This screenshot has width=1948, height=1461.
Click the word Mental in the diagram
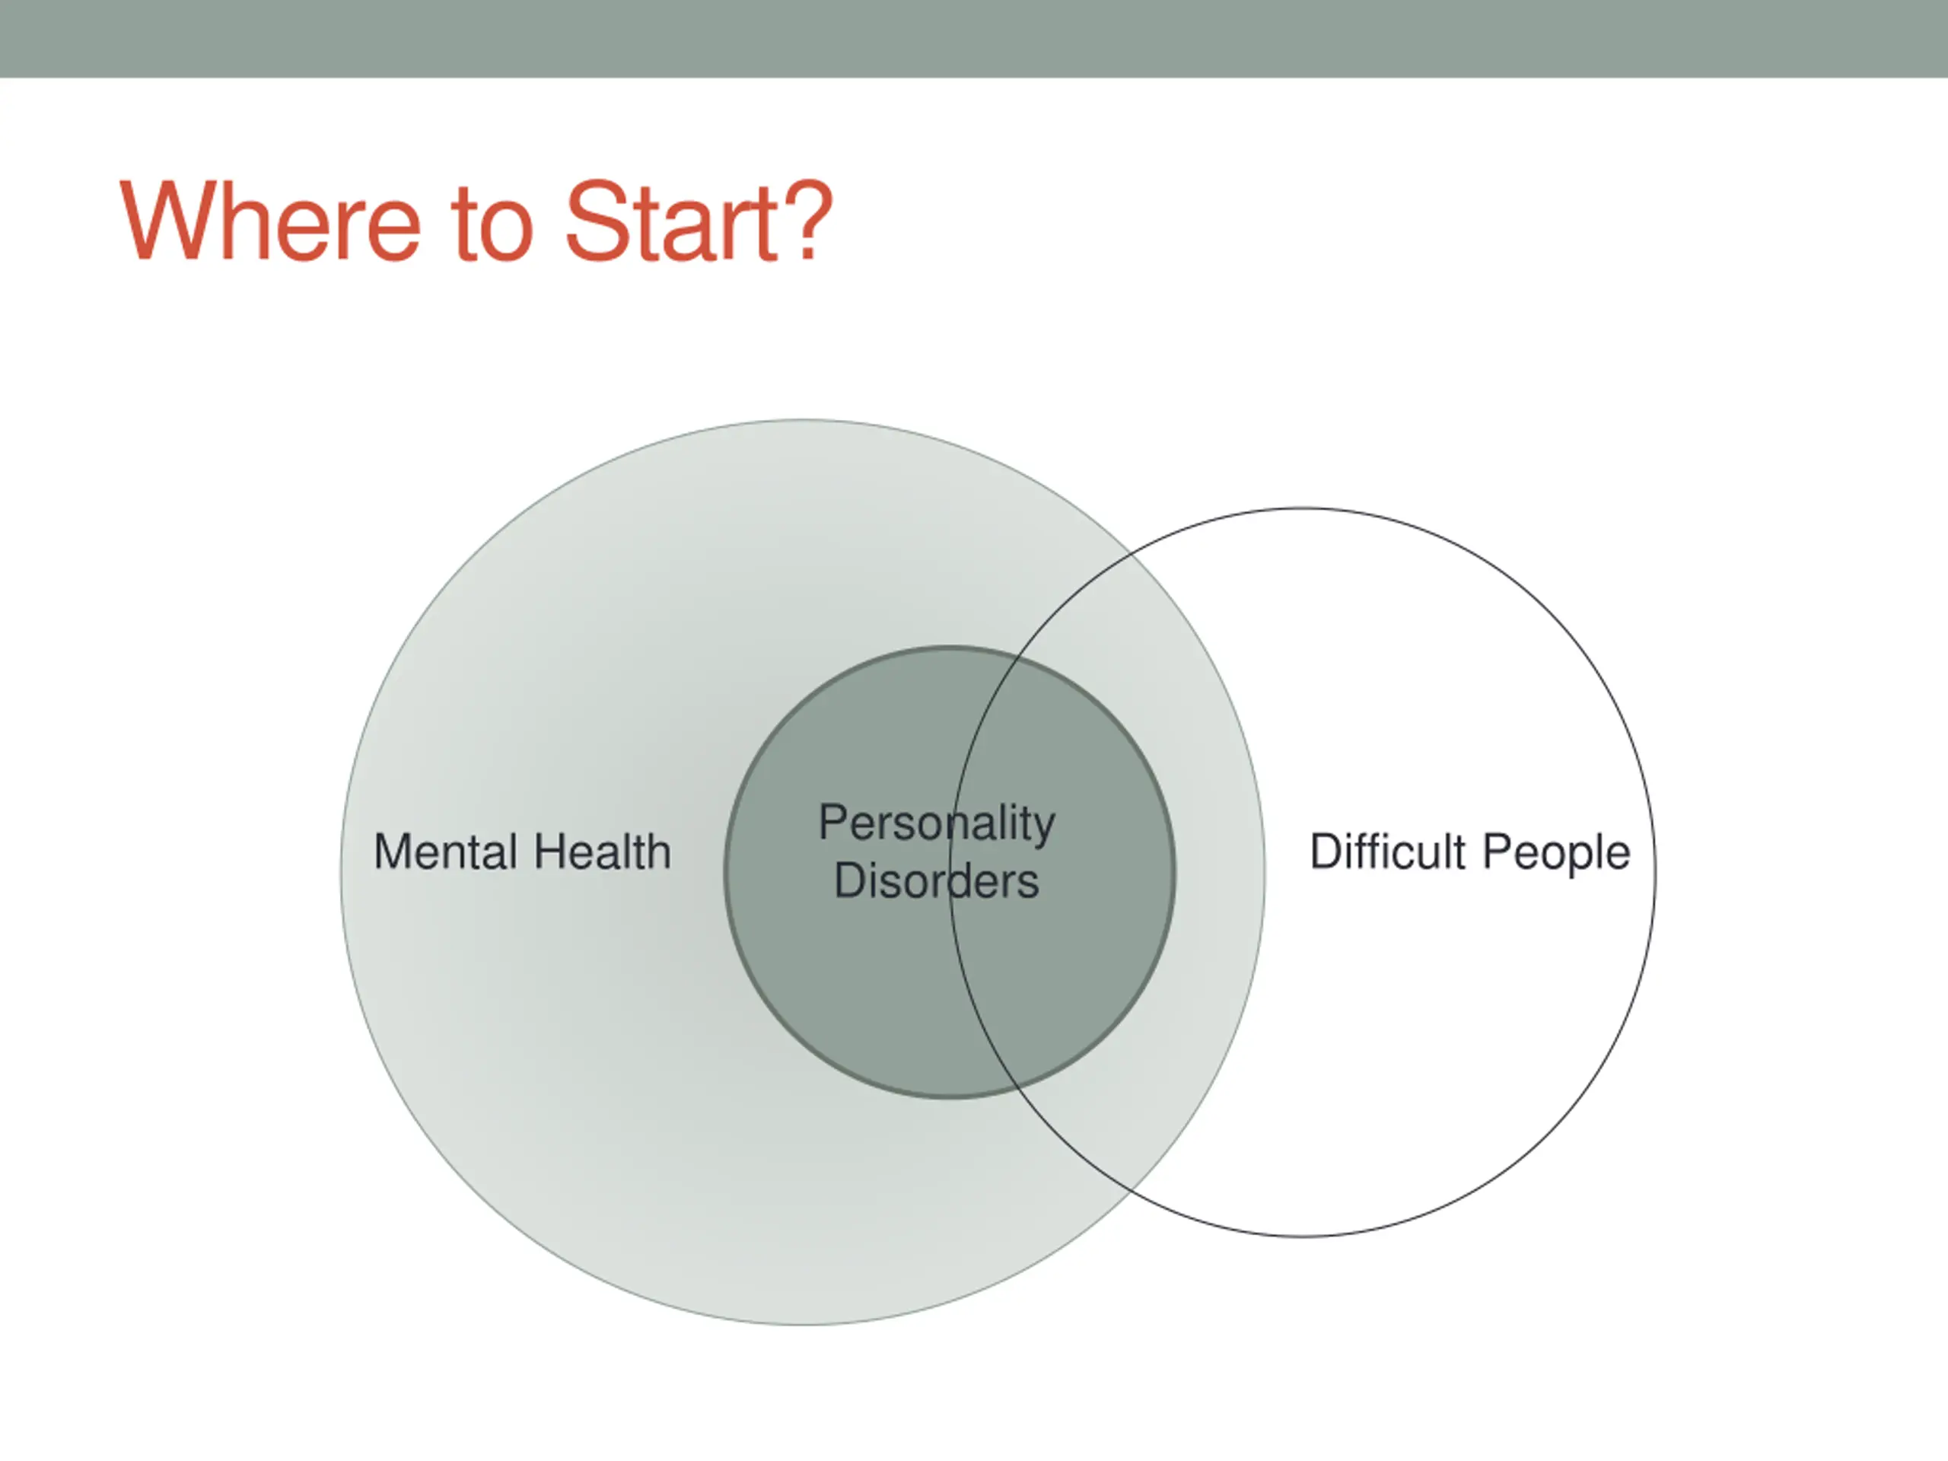point(446,851)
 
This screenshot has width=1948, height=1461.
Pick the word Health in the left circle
point(603,851)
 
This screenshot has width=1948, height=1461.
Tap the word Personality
point(936,824)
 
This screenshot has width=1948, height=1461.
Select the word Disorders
point(936,880)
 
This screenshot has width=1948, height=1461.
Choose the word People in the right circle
point(1556,853)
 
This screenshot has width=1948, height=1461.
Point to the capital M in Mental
point(393,851)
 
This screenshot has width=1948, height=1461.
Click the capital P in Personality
point(834,823)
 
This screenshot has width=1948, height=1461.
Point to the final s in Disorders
point(1029,883)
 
